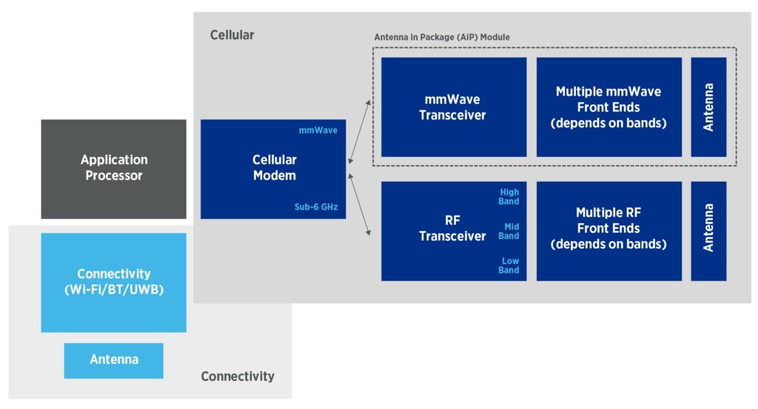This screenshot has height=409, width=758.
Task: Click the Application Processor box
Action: pyautogui.click(x=113, y=168)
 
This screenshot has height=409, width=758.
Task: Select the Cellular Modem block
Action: pyautogui.click(x=273, y=168)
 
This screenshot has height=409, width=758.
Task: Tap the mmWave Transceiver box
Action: pyautogui.click(x=452, y=107)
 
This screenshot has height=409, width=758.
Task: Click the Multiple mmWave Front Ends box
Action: pyautogui.click(x=608, y=107)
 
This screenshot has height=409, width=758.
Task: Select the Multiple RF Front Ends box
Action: pyautogui.click(x=608, y=230)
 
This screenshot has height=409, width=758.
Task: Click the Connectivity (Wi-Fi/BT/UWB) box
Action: pyautogui.click(x=113, y=282)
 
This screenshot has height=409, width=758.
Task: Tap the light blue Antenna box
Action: pyautogui.click(x=113, y=360)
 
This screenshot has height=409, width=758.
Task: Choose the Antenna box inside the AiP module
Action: pyautogui.click(x=708, y=107)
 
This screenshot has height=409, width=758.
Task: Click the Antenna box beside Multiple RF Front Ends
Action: pyautogui.click(x=708, y=230)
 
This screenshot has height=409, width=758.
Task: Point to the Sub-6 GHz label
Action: pyautogui.click(x=318, y=207)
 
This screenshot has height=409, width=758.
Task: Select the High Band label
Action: pyautogui.click(x=509, y=196)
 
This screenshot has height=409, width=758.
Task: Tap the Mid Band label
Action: pyautogui.click(x=509, y=231)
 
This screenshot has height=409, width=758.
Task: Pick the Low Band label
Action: pyautogui.click(x=509, y=265)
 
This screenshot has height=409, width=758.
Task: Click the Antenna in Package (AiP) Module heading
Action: pyautogui.click(x=442, y=37)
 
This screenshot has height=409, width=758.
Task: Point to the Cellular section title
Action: pyautogui.click(x=232, y=35)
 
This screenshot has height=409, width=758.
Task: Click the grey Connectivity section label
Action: pyautogui.click(x=237, y=376)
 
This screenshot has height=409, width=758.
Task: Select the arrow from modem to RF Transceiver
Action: pyautogui.click(x=359, y=207)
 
